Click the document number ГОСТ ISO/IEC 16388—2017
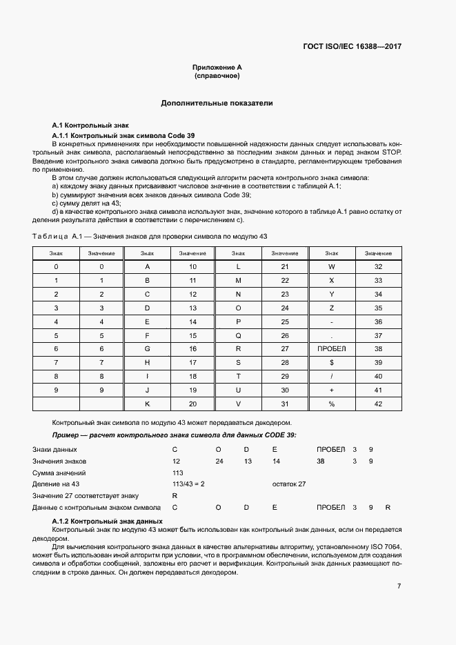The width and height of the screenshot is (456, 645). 352,47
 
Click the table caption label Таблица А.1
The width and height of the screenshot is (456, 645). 57,236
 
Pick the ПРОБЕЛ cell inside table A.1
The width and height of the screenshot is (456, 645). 331,349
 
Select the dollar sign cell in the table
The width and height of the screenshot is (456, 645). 331,362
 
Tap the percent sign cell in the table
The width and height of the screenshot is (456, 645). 331,404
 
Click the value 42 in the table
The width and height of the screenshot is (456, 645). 378,404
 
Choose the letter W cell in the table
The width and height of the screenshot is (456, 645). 331,266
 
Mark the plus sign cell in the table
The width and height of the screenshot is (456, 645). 331,390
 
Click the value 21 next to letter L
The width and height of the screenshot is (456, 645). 285,266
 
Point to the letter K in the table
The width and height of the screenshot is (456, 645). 147,404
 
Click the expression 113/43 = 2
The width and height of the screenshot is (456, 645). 188,484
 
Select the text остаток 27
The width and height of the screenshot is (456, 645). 289,484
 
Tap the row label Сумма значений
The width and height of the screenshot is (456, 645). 59,473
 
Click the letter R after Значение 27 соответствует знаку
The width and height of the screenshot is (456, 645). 175,496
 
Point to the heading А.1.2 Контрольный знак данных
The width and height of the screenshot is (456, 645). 107,521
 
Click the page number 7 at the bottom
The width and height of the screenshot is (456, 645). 399,586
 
